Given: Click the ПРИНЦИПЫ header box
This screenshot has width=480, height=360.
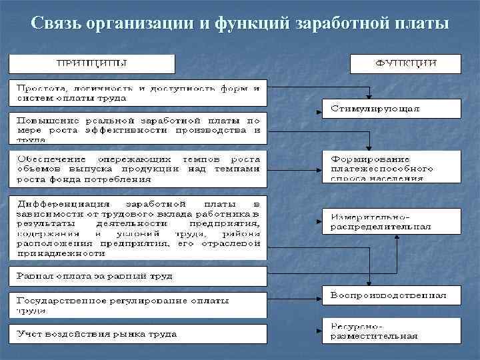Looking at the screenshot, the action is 91,64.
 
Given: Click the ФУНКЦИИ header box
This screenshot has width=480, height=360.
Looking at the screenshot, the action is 405,64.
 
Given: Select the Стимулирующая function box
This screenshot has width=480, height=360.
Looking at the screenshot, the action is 391,108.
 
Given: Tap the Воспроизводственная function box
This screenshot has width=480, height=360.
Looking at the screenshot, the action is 391,295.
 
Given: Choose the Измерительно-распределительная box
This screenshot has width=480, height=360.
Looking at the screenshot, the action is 391,221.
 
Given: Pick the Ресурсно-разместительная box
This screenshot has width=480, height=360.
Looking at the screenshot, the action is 391,331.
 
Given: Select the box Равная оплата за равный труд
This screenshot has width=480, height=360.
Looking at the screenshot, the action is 137,276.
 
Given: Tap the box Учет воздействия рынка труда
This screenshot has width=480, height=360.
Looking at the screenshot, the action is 137,334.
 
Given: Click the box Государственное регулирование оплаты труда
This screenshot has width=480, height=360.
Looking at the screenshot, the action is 137,305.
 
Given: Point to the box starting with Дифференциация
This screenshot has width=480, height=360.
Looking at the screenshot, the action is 137,227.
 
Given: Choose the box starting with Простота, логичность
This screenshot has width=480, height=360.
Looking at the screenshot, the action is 137,93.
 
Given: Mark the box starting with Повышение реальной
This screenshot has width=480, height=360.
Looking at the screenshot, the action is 137,128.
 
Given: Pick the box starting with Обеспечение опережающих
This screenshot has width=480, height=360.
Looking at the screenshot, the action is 137,169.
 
